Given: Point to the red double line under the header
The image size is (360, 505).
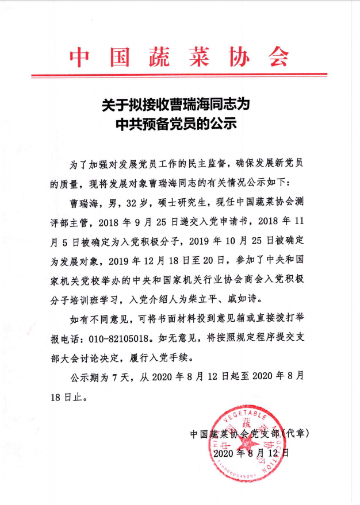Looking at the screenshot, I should pyautogui.click(x=179, y=75).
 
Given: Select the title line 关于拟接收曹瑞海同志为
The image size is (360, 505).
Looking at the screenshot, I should pyautogui.click(x=180, y=106).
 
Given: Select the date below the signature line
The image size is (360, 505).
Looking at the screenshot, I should pyautogui.click(x=251, y=452).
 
